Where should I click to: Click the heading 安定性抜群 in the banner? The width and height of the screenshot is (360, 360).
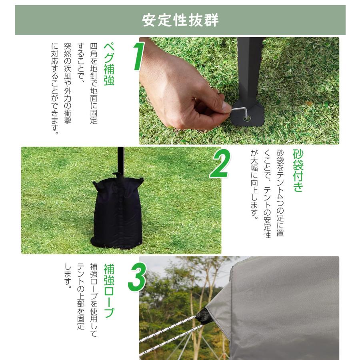coord(180,20)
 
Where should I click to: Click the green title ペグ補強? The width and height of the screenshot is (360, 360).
coord(108,64)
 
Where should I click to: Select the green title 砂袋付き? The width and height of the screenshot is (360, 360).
coord(298,170)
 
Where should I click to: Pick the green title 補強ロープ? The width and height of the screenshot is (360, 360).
coord(108,290)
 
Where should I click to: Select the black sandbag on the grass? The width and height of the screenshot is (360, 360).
coord(117,214)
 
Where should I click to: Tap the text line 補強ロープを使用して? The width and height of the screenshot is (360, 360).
coord(94,300)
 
